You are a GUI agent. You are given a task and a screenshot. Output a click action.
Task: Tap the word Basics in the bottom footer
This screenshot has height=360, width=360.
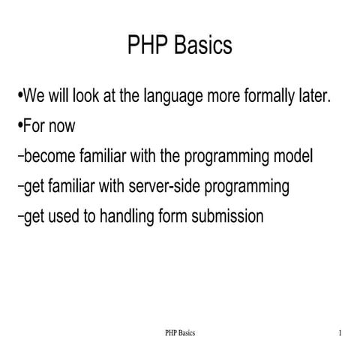(x=186, y=332)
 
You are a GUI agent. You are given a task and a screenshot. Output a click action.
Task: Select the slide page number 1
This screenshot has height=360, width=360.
(x=340, y=332)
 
